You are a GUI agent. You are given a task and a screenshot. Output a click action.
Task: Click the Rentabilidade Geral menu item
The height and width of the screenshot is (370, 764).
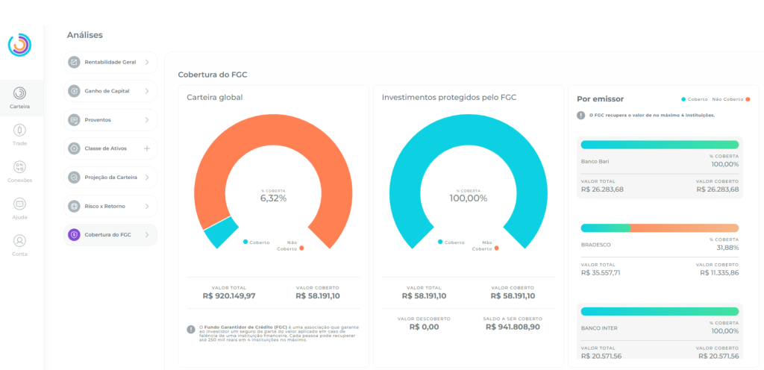tap(110, 62)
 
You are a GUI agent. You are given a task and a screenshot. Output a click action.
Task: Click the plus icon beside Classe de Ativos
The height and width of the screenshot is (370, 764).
tap(147, 148)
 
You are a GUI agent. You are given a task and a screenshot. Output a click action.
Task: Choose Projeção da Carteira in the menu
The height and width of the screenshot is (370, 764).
tap(110, 178)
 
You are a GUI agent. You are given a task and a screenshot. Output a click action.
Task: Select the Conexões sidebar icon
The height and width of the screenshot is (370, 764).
tap(20, 167)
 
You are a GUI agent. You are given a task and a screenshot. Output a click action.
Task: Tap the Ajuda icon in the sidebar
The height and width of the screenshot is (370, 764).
tap(20, 204)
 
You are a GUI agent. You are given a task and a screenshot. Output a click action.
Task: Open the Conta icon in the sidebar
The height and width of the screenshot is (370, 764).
tap(20, 241)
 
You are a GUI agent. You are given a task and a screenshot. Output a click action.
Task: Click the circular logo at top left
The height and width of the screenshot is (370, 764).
tap(19, 45)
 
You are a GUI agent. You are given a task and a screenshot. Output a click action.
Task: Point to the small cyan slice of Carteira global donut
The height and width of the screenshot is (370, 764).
tap(221, 233)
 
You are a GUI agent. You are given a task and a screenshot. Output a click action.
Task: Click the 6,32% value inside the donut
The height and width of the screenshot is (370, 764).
tap(273, 198)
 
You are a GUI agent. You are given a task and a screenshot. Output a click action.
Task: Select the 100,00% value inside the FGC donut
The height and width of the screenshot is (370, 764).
tap(468, 198)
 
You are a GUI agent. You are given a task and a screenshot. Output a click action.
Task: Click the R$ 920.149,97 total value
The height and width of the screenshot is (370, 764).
tap(229, 296)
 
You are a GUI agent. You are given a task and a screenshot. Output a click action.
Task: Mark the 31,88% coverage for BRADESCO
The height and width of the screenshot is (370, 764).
tap(727, 248)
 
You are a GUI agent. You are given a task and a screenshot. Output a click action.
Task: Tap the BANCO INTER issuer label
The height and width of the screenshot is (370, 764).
tap(599, 327)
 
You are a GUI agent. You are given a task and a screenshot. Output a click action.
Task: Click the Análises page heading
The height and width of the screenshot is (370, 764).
tap(84, 35)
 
